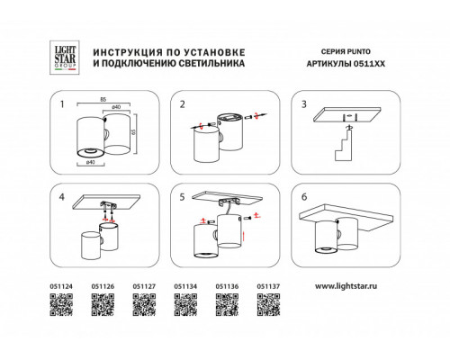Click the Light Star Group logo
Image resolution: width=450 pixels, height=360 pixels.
[x=65, y=58]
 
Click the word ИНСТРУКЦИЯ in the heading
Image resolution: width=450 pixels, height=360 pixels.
[x=128, y=52]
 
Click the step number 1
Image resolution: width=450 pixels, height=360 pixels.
[x=62, y=104]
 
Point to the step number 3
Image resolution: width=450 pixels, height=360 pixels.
[x=304, y=104]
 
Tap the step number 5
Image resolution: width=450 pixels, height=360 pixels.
[x=182, y=197]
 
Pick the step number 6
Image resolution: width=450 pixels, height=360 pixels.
[x=304, y=197]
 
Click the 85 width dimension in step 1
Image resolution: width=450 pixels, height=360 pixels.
[x=103, y=100]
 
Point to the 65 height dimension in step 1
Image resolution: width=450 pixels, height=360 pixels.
[x=134, y=132]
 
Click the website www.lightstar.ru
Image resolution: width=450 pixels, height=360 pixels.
[x=346, y=286]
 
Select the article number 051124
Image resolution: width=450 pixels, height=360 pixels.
[x=61, y=286]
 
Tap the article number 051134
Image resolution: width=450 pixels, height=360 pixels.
[x=185, y=286]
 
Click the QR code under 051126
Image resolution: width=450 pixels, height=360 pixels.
[x=103, y=305]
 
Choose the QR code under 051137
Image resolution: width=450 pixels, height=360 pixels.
[x=268, y=305]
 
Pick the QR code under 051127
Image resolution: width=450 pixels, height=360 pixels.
[x=144, y=305]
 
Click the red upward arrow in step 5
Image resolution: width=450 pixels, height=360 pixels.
[x=244, y=236]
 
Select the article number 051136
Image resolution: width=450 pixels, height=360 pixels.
[x=227, y=286]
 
